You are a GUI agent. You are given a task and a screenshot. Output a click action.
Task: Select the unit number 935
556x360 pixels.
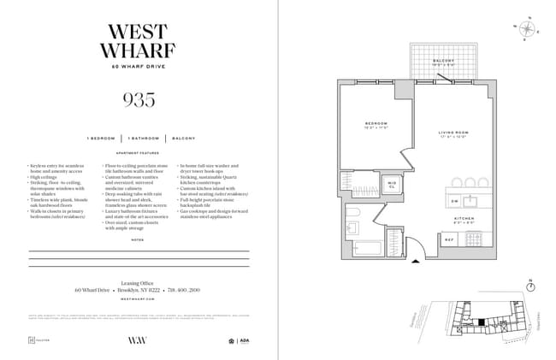139,100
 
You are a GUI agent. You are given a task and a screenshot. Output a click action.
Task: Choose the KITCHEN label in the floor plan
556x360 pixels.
464,219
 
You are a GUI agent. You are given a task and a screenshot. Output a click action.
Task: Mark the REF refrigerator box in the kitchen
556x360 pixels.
448,239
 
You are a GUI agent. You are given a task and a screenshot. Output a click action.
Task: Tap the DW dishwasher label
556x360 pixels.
454,202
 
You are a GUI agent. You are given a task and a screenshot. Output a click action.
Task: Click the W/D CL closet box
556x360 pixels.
392,184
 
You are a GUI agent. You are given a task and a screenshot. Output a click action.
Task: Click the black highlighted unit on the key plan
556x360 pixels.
482,322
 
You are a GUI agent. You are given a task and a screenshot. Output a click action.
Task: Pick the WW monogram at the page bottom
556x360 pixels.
138,339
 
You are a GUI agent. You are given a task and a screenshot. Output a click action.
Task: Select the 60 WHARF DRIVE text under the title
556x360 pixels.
139,67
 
